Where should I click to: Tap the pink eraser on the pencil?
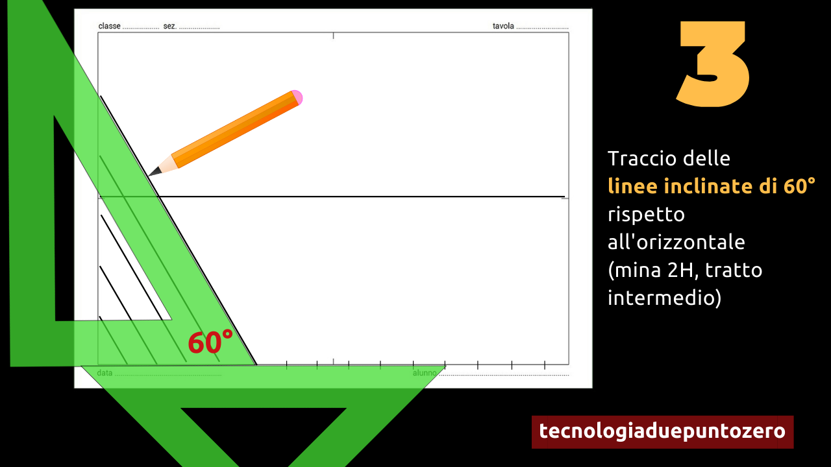click(297, 97)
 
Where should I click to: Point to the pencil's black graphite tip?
click(155, 172)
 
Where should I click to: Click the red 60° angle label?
click(210, 342)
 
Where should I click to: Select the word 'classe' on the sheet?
click(110, 26)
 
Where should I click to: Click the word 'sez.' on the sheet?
click(169, 26)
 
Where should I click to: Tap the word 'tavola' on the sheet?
click(503, 26)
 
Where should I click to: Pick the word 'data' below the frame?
click(105, 373)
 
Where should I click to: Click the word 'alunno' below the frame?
click(425, 373)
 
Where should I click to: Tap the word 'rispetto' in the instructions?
click(646, 215)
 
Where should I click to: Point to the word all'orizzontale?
click(676, 242)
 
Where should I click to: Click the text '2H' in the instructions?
click(680, 270)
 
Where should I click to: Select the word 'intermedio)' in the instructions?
click(664, 298)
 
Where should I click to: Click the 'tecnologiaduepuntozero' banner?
click(663, 432)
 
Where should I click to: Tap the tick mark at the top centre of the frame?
click(333, 36)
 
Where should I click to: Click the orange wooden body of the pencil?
click(236, 130)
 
